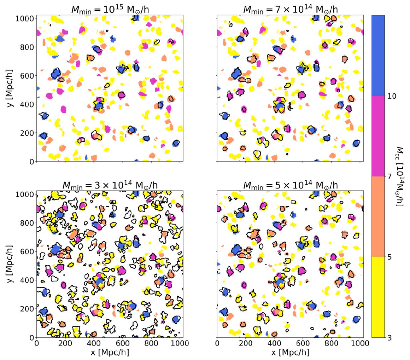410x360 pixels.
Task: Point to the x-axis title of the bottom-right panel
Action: click(288, 354)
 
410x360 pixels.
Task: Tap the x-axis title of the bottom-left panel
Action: click(110, 354)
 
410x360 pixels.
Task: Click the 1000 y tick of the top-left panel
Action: click(26, 18)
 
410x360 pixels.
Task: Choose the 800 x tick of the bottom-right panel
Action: click(331, 344)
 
